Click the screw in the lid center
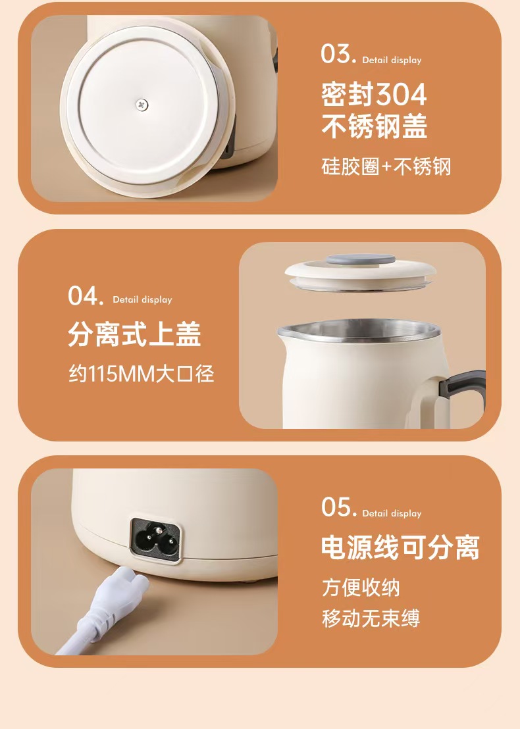[142, 105]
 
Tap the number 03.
[338, 54]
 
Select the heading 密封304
[373, 94]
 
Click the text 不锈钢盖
[374, 126]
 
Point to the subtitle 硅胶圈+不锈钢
[386, 166]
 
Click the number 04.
[86, 295]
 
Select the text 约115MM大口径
[142, 374]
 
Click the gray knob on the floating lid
[361, 259]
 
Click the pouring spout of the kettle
[284, 332]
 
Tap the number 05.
[339, 507]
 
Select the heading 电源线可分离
[400, 547]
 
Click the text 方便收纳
[361, 588]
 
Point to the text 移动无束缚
[371, 618]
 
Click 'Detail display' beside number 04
[142, 300]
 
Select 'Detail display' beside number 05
[392, 514]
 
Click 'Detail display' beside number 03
[392, 61]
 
